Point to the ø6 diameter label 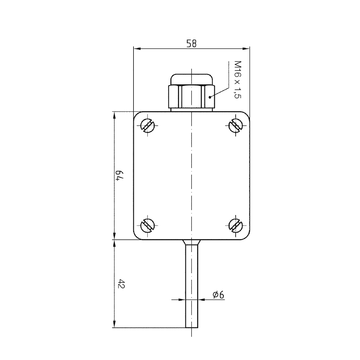pyautogui.click(x=218, y=295)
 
